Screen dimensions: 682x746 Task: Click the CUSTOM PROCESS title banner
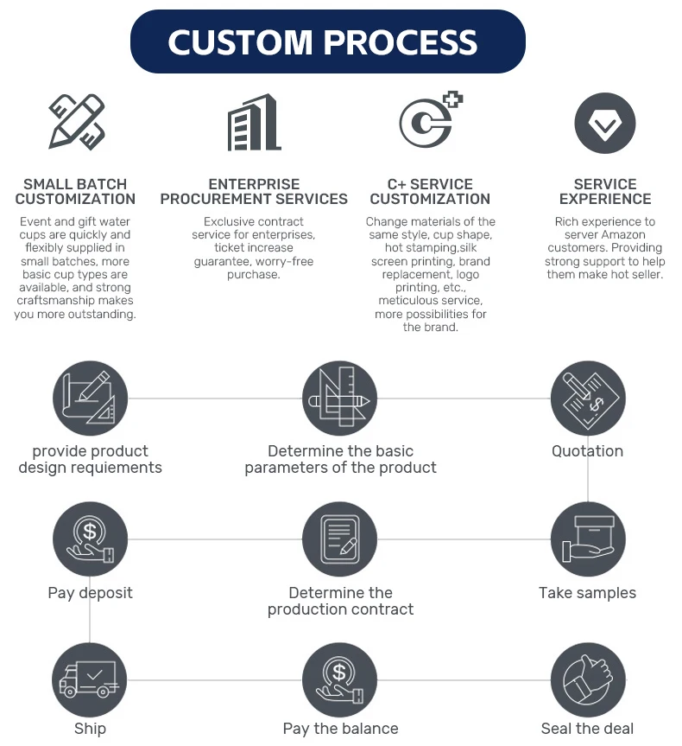point(327,41)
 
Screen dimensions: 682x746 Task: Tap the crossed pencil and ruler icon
point(76,122)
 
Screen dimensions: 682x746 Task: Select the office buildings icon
point(254,123)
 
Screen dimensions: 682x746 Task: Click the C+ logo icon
point(429,121)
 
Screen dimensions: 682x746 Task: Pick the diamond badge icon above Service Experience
point(604,124)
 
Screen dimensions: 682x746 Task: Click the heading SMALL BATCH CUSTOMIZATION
point(75,191)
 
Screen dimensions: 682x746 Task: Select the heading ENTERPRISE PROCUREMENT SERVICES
point(254,191)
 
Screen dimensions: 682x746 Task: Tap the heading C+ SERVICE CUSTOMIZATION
point(430,191)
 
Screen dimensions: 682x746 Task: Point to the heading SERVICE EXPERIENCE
point(604,191)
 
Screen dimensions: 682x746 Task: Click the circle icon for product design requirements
point(90,399)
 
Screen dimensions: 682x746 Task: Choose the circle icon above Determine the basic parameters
point(340,399)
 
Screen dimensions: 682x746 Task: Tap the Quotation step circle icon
point(588,399)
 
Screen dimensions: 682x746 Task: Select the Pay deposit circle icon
point(90,539)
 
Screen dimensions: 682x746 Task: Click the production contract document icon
point(340,539)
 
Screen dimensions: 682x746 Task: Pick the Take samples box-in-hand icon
point(588,539)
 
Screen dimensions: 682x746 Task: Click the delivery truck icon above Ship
point(90,679)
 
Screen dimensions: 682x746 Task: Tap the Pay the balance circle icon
point(340,679)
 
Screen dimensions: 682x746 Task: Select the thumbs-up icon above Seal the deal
point(588,679)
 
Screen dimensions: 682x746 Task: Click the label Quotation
point(587,451)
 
